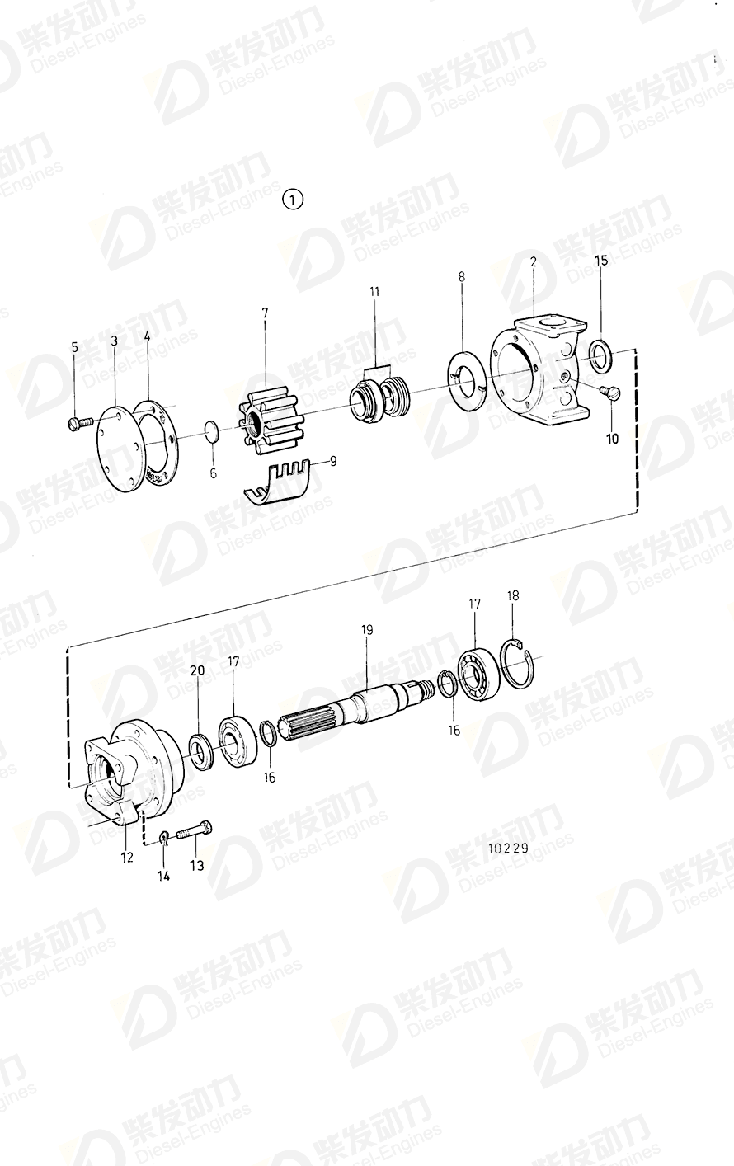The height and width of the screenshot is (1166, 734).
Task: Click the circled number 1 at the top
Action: coord(293,200)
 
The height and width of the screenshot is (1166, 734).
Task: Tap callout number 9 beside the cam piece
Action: coord(333,462)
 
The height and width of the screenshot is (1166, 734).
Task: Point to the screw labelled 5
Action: coord(77,424)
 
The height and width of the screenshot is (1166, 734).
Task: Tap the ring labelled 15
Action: coord(602,356)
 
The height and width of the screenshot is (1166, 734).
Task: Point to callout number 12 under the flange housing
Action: coord(126,858)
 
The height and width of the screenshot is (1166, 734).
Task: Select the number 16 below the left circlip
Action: coord(271,777)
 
